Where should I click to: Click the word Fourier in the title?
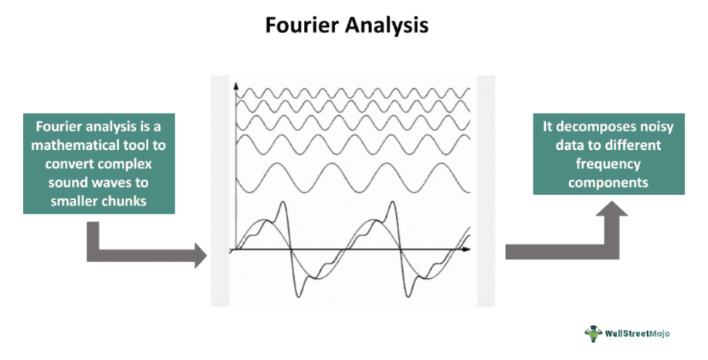coord(303,25)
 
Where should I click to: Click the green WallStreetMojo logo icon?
coord(594,333)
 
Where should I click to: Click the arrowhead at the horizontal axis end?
coord(469,250)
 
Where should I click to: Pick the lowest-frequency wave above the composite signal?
coord(351,178)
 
